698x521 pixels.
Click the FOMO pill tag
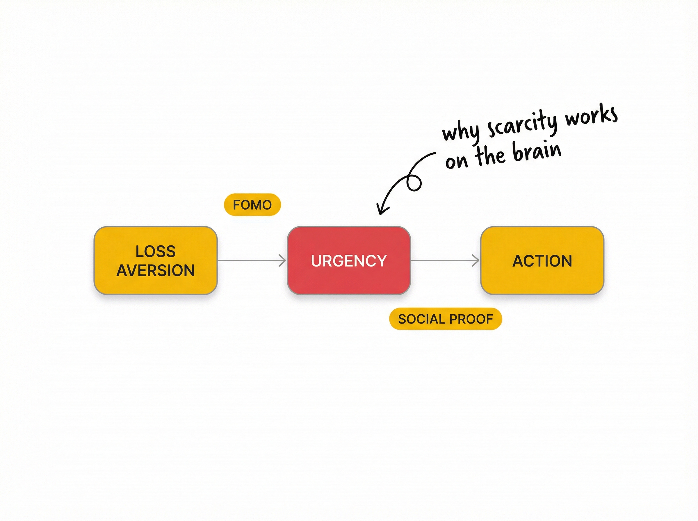coord(252,205)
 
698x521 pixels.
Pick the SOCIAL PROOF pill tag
coord(445,319)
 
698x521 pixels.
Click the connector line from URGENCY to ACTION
coord(441,260)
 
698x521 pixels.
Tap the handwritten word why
coord(460,131)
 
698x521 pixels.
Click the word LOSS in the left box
coord(156,251)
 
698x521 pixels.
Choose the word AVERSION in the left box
coord(156,270)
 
